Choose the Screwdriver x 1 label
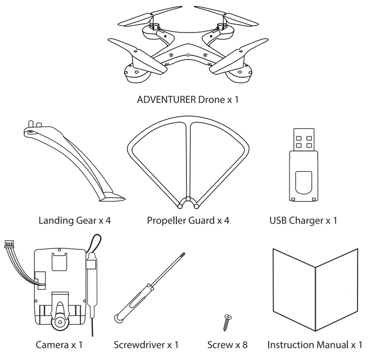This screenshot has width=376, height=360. [x=146, y=345]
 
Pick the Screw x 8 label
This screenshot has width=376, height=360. [x=227, y=345]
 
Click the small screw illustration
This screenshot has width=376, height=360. [x=226, y=321]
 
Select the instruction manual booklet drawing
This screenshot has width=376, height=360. [x=316, y=286]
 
